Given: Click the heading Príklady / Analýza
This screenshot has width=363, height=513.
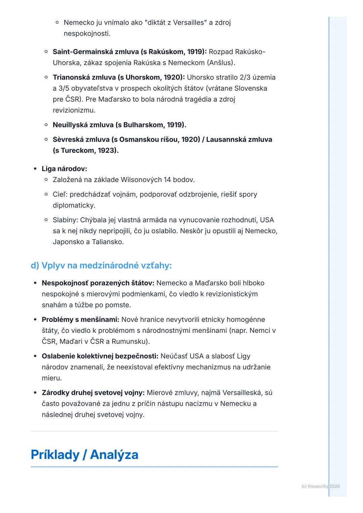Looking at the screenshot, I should pyautogui.click(x=84, y=455).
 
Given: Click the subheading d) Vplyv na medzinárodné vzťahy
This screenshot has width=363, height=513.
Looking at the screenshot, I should pyautogui.click(x=101, y=266).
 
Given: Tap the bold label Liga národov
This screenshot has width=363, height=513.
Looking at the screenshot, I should pyautogui.click(x=64, y=169).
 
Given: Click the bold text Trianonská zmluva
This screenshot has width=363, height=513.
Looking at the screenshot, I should pyautogui.click(x=84, y=78).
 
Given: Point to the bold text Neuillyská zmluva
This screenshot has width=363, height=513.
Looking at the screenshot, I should pyautogui.click(x=83, y=125).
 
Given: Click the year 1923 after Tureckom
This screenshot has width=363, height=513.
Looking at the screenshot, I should pyautogui.click(x=107, y=150).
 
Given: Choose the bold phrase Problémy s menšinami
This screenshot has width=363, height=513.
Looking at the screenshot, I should pyautogui.click(x=80, y=320).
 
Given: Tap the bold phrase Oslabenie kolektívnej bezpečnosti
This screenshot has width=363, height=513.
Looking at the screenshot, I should pyautogui.click(x=100, y=356).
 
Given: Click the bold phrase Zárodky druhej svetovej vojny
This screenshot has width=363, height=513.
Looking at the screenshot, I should pyautogui.click(x=93, y=393).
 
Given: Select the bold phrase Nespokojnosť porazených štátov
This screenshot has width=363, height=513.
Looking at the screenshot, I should pyautogui.click(x=98, y=283).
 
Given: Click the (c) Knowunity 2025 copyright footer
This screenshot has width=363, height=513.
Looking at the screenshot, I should pyautogui.click(x=320, y=486).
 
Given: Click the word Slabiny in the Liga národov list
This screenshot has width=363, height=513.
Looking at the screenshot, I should pyautogui.click(x=65, y=220).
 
